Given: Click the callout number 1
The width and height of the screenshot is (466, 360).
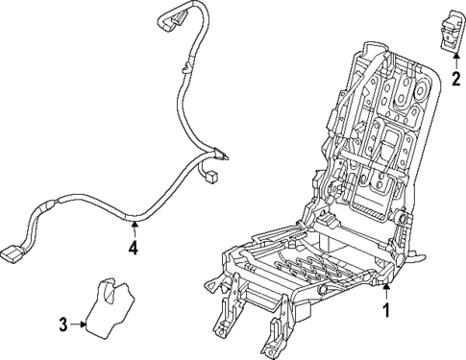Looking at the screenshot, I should click(x=386, y=310).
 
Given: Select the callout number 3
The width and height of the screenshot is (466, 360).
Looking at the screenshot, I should click(x=63, y=324).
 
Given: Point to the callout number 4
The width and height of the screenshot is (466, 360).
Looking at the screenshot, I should click(x=134, y=249).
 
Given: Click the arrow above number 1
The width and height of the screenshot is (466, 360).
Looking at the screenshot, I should click(x=386, y=291).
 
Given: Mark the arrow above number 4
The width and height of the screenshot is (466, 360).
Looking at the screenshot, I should click(x=134, y=228).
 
